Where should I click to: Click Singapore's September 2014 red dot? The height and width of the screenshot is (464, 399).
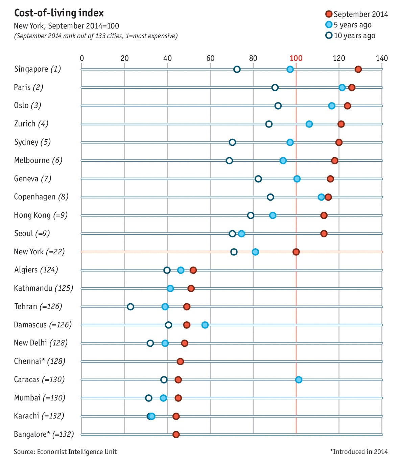(358, 69)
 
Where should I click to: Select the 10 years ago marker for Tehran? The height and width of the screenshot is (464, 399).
(130, 307)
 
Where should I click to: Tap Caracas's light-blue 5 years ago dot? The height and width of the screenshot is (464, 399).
(299, 380)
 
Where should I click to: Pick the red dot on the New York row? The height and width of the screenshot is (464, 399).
(296, 252)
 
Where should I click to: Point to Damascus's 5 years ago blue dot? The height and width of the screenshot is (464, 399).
(205, 325)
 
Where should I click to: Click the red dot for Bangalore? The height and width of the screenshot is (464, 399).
(176, 435)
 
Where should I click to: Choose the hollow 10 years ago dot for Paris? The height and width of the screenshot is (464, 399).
(275, 88)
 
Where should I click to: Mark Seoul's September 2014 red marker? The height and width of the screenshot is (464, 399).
(324, 234)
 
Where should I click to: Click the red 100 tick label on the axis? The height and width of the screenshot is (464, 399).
(296, 58)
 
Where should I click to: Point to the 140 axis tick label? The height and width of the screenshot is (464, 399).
(382, 58)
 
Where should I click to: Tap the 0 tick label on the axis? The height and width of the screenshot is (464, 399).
(82, 58)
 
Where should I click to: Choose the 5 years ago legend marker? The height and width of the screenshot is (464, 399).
(329, 25)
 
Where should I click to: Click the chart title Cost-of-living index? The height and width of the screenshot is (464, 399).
(59, 13)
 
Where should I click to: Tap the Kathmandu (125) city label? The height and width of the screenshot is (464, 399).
(43, 288)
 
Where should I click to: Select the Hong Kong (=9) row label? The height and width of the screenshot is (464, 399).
(41, 215)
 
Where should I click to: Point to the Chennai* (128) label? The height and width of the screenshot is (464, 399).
(40, 361)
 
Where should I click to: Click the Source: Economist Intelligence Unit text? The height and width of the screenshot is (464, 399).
(65, 452)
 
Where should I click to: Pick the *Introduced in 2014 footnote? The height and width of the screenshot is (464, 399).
(359, 452)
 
